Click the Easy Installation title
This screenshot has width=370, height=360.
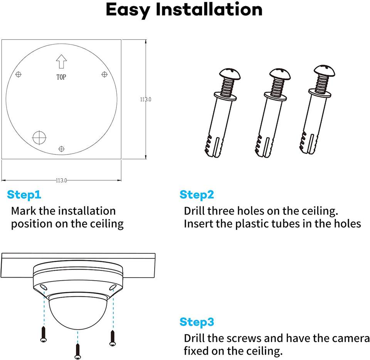tap(184, 10)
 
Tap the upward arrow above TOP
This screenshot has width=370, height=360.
tap(61, 61)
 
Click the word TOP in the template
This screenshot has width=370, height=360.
tap(61, 77)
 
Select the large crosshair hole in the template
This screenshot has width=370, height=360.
tap(39, 137)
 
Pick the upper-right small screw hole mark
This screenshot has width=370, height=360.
tap(104, 74)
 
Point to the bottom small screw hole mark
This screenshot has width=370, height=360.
tap(61, 149)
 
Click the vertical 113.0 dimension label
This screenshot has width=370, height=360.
tap(145, 99)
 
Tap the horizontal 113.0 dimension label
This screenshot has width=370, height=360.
tap(61, 180)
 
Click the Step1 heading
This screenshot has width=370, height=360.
tap(24, 195)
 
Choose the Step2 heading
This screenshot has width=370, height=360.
tap(197, 195)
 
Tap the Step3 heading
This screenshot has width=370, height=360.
tap(197, 322)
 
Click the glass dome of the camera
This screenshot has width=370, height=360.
tap(77, 312)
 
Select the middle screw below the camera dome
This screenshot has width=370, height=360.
tap(78, 350)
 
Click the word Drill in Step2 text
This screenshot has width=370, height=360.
tap(195, 211)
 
